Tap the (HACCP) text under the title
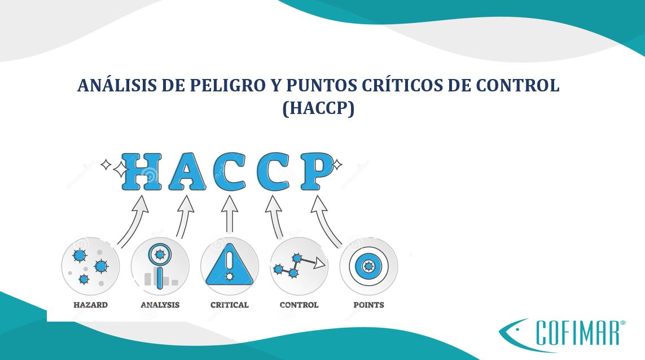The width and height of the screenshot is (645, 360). [318, 108]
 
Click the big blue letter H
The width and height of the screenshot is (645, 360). [142, 172]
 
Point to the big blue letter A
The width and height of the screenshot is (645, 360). [187, 172]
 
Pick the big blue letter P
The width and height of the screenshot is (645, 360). [317, 172]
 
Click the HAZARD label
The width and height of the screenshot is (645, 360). [90, 305]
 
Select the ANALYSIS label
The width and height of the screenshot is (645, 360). [160, 305]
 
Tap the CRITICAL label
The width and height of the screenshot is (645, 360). [230, 305]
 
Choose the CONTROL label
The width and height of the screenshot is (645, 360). [299, 305]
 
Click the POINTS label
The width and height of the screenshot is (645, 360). [368, 305]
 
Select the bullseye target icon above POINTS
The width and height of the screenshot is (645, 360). [368, 266]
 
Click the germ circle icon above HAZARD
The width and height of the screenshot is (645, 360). [90, 266]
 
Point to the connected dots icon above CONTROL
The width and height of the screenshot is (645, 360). [299, 266]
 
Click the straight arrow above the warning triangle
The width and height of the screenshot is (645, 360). [230, 214]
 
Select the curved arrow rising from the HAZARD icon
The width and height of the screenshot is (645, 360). [134, 220]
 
